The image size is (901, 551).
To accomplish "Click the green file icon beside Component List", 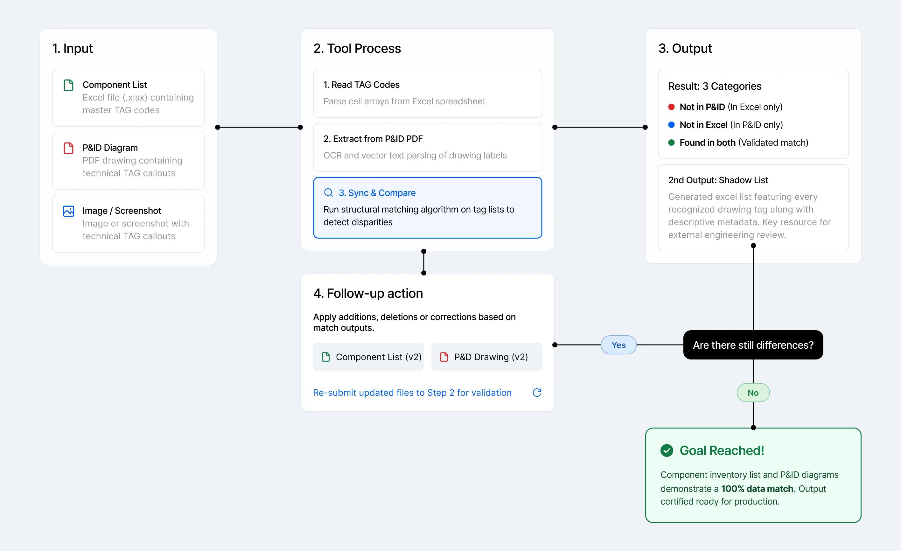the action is point(68,85).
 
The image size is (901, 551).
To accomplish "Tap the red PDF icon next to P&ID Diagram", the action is point(68,148).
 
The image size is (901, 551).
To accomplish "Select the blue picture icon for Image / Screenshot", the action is point(68,211).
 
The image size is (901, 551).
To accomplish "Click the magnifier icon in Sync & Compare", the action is point(328,193).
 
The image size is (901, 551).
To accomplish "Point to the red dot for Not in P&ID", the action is point(671,107).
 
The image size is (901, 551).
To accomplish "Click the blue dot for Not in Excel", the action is point(671,125).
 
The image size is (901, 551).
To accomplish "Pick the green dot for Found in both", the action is point(671,143).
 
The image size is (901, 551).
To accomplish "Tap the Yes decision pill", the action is point(619,345).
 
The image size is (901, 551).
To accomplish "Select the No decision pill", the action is point(753,393).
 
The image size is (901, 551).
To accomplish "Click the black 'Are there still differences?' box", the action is point(753,345).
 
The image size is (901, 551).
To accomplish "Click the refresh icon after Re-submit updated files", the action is point(537,393).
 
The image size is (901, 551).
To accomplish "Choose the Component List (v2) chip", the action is point(368,357).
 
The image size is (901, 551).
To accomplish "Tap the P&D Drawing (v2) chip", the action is point(486,357).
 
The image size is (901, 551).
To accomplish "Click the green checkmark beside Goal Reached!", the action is point(667,450).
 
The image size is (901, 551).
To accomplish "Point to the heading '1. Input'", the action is point(73,48).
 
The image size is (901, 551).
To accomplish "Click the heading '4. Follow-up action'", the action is point(368,293).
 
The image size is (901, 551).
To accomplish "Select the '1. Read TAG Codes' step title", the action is point(361,85).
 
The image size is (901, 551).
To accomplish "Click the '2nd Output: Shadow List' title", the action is point(718,180).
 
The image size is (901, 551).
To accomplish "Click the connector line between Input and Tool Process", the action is point(259,127).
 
